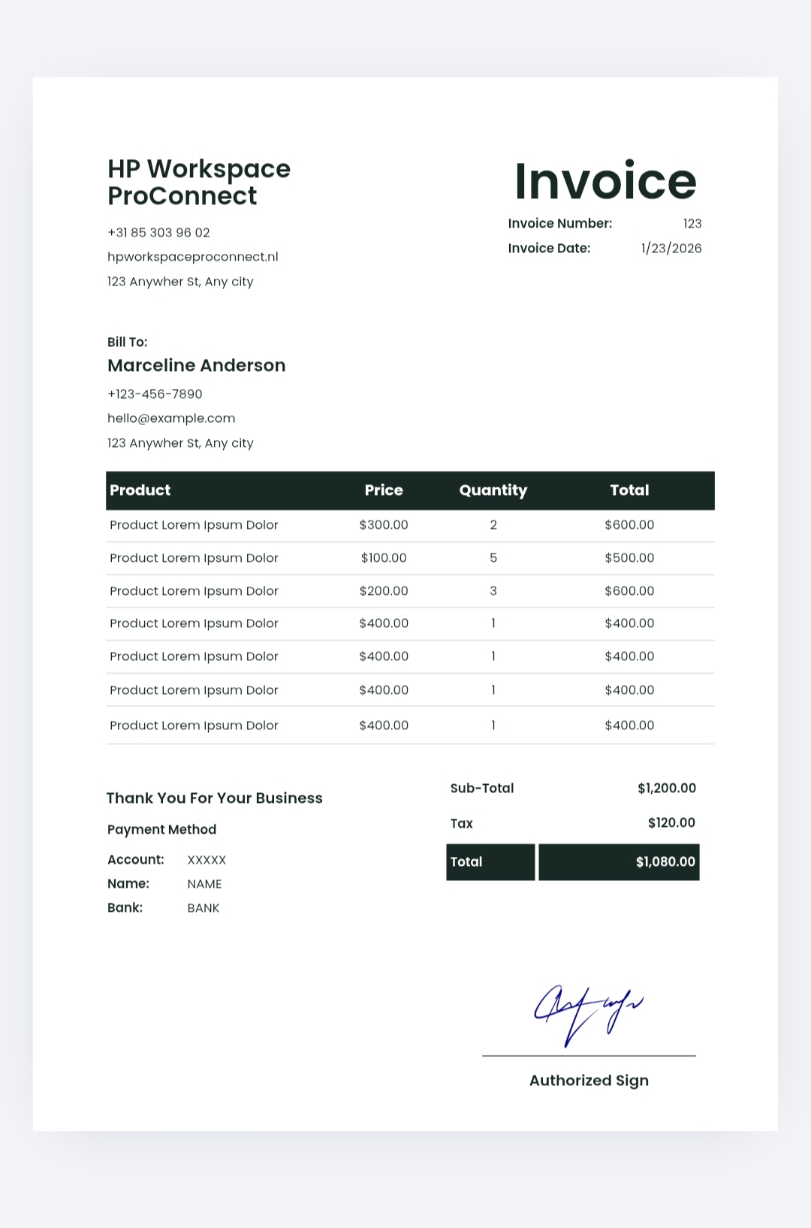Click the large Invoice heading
[605, 182]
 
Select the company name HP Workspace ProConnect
[198, 183]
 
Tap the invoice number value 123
[692, 224]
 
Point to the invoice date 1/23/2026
[671, 249]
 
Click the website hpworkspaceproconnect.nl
[192, 257]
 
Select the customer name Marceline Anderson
[196, 366]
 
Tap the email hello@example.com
[171, 418]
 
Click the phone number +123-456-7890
[155, 394]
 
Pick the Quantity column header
[493, 490]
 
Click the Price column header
[384, 490]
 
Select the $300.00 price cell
[384, 525]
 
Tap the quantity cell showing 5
[493, 558]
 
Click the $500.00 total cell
[629, 558]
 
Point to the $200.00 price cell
[384, 591]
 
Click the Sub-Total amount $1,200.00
[666, 788]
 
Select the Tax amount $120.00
[671, 822]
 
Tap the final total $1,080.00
[665, 861]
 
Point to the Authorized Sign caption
[589, 1081]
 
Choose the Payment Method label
[161, 830]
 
